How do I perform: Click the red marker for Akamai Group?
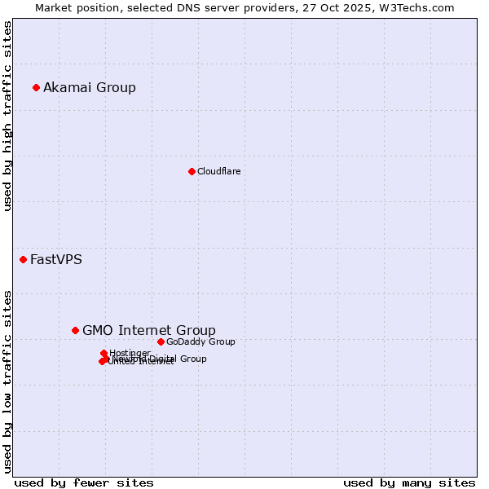(x=36, y=87)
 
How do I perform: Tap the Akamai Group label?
(x=90, y=87)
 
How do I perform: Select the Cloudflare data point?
(x=192, y=171)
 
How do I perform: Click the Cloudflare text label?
(x=218, y=171)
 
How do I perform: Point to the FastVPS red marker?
(x=23, y=259)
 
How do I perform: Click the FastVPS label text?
(x=55, y=260)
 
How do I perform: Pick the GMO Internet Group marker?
(x=75, y=330)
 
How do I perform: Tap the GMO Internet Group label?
(x=149, y=330)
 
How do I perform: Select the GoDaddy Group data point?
(x=161, y=341)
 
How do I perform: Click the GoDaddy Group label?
(x=200, y=341)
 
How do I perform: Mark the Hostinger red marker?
(x=104, y=353)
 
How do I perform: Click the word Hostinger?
(x=130, y=353)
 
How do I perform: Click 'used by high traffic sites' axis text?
(x=7, y=116)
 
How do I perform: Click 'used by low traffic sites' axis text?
(x=7, y=381)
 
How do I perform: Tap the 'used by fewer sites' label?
(x=84, y=482)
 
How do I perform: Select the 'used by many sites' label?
(x=409, y=482)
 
